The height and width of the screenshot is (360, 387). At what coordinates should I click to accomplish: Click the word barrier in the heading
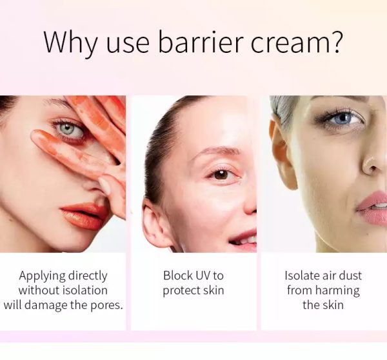point(201,41)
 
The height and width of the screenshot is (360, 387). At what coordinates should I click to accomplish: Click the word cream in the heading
point(289,43)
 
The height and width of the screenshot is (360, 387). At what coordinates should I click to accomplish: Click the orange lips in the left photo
point(83,215)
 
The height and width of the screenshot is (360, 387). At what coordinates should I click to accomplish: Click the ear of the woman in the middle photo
point(154,221)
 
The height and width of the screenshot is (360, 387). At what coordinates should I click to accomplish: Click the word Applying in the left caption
point(43,276)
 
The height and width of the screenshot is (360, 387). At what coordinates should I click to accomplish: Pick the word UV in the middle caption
point(200,275)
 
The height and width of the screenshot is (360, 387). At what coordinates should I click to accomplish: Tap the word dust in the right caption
point(350,275)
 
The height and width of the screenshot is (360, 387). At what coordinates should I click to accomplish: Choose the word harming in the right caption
point(337,291)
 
